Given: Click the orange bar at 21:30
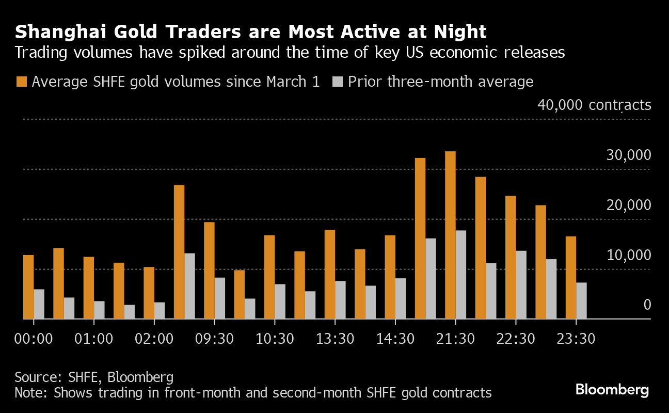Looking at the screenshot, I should (x=450, y=235).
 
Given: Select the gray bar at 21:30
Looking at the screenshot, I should (x=461, y=275).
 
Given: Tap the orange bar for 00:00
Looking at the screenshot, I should (x=28, y=287).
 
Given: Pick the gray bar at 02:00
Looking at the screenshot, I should (x=160, y=311).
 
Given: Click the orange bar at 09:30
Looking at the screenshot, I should (x=209, y=271).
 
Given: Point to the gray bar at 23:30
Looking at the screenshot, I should (x=581, y=301).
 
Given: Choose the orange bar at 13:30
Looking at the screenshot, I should (x=330, y=274).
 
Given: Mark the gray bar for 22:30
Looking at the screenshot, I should (x=521, y=285).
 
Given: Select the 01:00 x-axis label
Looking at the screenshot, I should (x=93, y=339).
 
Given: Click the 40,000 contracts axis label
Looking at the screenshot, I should (x=594, y=105).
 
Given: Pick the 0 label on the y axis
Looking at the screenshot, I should (x=647, y=306).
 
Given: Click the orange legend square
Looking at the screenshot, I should (x=21, y=82).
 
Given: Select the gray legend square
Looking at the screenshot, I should (x=337, y=82).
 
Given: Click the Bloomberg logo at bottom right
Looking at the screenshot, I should (x=612, y=390).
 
